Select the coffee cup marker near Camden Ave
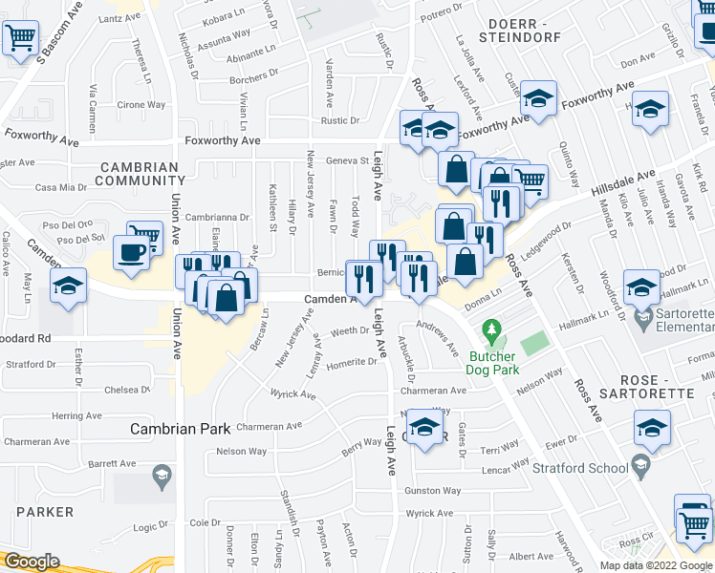[x=130, y=253]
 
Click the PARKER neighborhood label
[x=45, y=512]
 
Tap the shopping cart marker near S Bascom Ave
[x=20, y=39]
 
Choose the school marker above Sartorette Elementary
[x=641, y=286]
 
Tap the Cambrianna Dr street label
[x=217, y=218]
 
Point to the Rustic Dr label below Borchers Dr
[x=340, y=120]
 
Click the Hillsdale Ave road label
[x=623, y=184]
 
